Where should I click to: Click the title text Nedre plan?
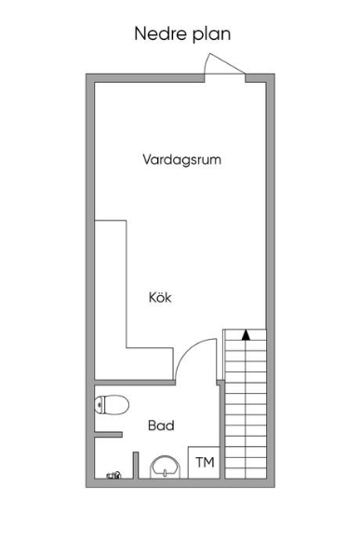point(182,34)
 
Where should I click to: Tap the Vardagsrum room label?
point(181,159)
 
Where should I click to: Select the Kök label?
point(160,297)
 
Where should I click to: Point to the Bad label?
point(161,425)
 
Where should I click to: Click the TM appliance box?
point(204,462)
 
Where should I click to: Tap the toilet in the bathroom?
point(112,405)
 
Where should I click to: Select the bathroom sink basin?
point(166,467)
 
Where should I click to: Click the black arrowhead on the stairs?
point(246,335)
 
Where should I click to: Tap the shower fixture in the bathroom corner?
point(113,475)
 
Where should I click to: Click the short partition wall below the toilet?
point(108,435)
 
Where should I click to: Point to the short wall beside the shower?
point(136,465)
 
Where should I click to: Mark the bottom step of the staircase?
point(246,473)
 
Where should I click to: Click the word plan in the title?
point(212,35)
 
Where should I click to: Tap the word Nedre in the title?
point(161,34)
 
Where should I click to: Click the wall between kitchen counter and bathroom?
point(135,383)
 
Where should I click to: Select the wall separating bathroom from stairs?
point(221,429)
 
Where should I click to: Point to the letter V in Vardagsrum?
point(147,159)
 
